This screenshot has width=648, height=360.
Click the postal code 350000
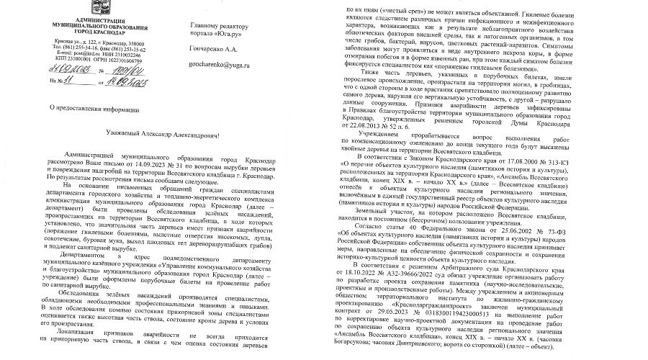coord(107,44)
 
